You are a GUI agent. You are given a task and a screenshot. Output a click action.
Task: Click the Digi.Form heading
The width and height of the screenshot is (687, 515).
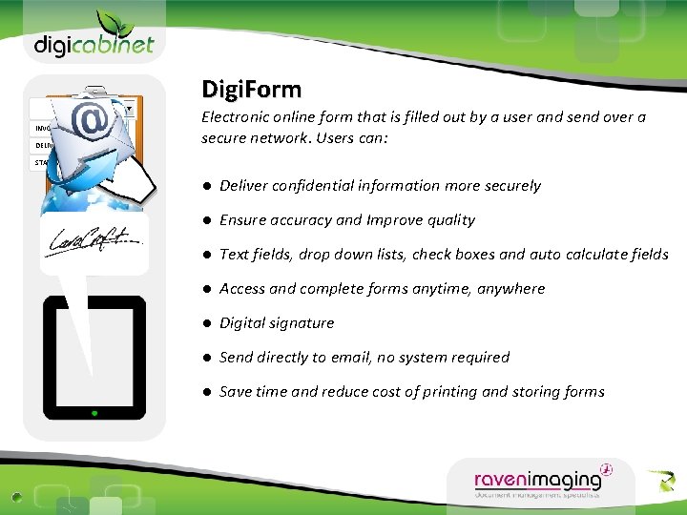coord(251,91)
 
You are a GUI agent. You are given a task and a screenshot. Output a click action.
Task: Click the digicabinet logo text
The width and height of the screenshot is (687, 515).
coord(94,44)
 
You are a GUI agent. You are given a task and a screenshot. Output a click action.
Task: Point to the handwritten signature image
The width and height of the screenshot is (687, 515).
coord(94,244)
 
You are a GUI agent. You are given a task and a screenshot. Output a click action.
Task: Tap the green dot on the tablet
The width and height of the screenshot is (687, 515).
coord(94,413)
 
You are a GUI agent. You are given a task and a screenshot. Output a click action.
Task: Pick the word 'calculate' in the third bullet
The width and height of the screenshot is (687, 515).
coord(586,255)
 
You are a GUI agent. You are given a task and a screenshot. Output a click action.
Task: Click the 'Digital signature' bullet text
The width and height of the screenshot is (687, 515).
coord(277,323)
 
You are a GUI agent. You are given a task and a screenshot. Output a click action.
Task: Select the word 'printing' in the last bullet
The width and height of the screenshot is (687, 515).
coord(449,392)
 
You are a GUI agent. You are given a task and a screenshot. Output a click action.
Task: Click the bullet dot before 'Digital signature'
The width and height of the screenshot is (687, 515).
coord(206,323)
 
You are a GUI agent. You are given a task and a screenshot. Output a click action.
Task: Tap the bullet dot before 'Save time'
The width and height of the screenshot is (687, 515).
coord(206,392)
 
